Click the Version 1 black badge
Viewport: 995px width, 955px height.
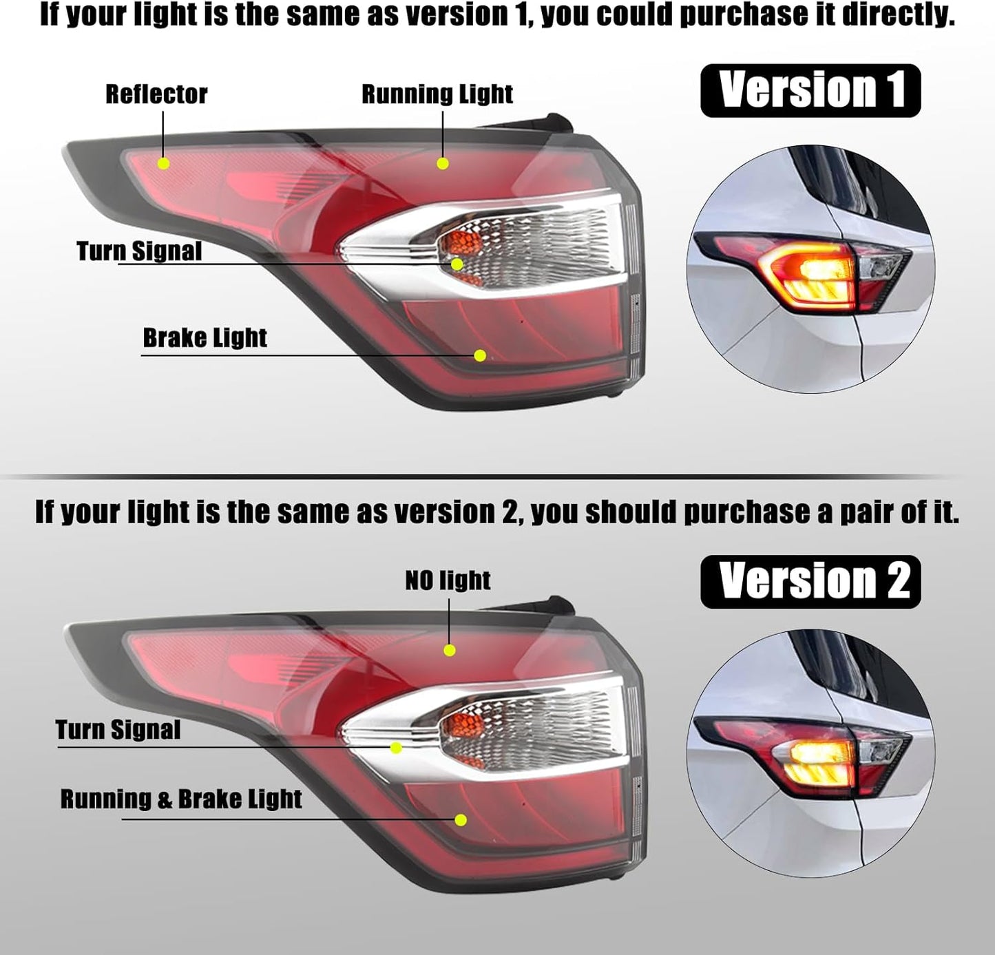pyautogui.click(x=810, y=90)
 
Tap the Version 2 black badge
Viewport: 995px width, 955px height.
pyautogui.click(x=810, y=582)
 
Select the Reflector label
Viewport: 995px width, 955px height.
pyautogui.click(x=156, y=94)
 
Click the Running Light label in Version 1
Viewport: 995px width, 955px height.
pyautogui.click(x=437, y=94)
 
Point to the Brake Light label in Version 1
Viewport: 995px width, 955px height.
pyautogui.click(x=205, y=338)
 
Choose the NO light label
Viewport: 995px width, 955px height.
pyautogui.click(x=448, y=580)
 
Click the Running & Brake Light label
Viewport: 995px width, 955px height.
pyautogui.click(x=181, y=799)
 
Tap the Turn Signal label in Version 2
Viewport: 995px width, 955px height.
pyautogui.click(x=118, y=730)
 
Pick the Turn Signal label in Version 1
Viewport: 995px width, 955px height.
pyautogui.click(x=139, y=251)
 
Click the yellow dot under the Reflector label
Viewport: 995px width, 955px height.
pyautogui.click(x=164, y=164)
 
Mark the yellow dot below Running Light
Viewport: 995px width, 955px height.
pyautogui.click(x=443, y=164)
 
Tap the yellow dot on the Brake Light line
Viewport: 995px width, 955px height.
pyautogui.click(x=480, y=355)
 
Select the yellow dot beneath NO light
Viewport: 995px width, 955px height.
pyautogui.click(x=450, y=650)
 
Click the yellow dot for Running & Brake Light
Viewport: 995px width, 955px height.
pyautogui.click(x=461, y=820)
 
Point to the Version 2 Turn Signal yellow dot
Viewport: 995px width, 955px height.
pyautogui.click(x=396, y=748)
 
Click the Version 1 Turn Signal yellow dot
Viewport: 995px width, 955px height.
pyautogui.click(x=457, y=264)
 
